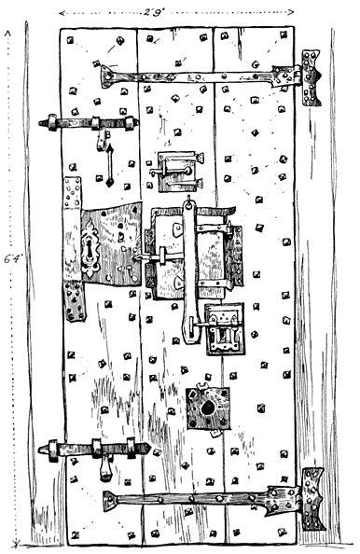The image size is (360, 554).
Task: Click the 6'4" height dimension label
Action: (x=12, y=261)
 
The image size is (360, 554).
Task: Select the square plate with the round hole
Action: (x=207, y=407)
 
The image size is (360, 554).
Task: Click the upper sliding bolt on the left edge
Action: (x=89, y=122)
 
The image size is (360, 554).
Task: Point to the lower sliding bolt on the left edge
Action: (x=94, y=450)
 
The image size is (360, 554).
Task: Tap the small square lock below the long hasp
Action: (x=224, y=327)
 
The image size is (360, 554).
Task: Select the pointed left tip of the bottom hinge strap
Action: (x=106, y=499)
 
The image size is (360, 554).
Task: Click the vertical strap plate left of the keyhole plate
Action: (x=72, y=249)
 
